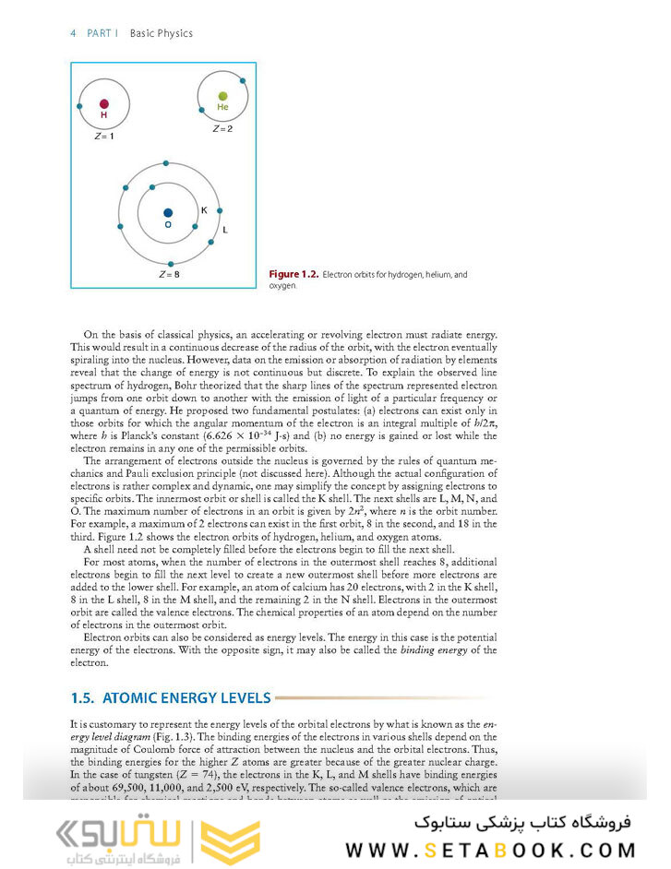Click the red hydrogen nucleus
pos(104,104)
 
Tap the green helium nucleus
pos(222,95)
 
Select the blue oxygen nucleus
pos(168,212)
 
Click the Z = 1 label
pos(104,137)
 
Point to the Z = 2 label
pos(222,128)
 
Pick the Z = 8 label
pos(169,275)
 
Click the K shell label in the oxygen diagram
pos(204,210)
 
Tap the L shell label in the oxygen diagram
pos(225,229)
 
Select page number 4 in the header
pos(73,33)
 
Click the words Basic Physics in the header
pos(162,33)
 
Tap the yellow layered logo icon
pos(232,835)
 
